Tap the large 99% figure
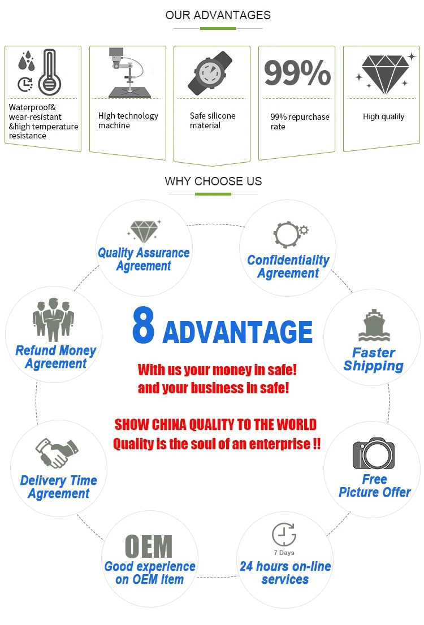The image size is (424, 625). pos(297,73)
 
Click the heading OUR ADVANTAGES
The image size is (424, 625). pos(218,15)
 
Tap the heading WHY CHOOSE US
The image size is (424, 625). pos(213,181)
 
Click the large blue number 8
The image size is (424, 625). pos(144,327)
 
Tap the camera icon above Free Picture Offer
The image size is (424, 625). pos(374,452)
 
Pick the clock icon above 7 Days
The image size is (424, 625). pos(283,534)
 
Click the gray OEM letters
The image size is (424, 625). pos(148,546)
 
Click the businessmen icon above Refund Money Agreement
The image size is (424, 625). pos(53,319)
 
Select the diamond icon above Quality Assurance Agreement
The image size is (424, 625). pos(144,231)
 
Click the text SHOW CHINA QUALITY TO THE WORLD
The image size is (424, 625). pos(215,424)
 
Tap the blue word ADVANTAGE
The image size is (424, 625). pos(237,332)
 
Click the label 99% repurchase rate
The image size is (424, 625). pos(300,121)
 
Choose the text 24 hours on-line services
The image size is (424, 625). pos(285,572)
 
